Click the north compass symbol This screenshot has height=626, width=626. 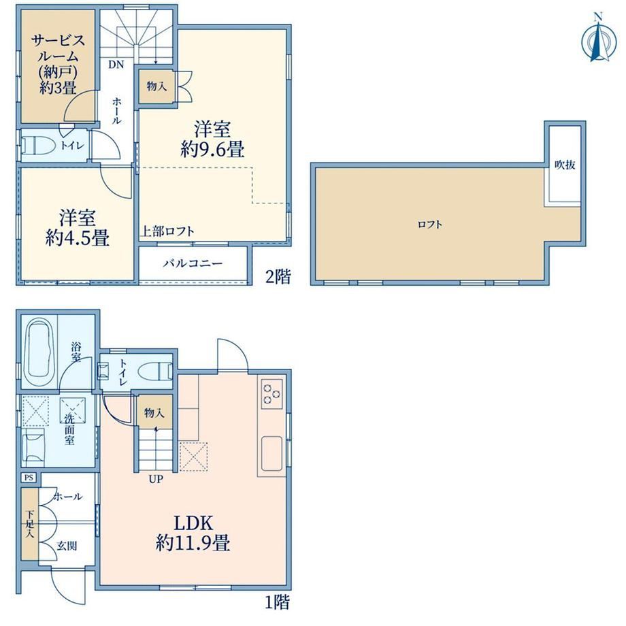597,39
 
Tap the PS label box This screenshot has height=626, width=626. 29,478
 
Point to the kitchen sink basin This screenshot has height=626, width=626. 272,454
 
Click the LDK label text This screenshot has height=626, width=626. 193,523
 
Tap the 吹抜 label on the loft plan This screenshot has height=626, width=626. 565,165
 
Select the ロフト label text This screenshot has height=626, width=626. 430,225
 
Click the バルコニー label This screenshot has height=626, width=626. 193,263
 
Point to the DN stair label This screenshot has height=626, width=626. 116,64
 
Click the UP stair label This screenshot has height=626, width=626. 156,478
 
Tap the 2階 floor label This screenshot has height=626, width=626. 278,276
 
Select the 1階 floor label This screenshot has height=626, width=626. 278,602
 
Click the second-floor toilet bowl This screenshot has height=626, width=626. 39,146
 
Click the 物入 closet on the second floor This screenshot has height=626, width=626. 156,86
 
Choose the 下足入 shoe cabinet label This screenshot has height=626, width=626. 30,523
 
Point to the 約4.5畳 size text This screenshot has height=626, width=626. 77,239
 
